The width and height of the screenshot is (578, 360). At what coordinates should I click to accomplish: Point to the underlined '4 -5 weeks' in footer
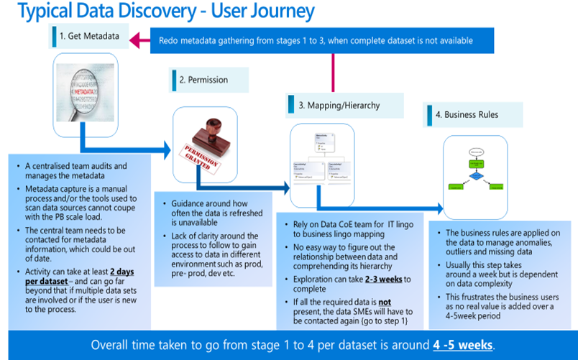463,344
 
